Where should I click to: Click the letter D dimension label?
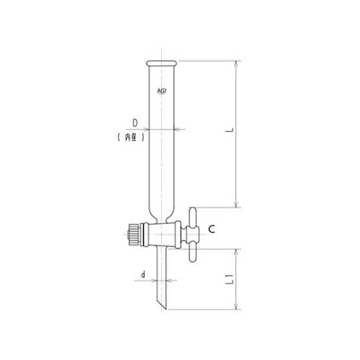[135, 123]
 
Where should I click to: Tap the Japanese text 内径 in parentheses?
[131, 138]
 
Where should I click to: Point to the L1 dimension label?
[230, 279]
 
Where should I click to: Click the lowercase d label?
[143, 274]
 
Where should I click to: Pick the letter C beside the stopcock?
[212, 230]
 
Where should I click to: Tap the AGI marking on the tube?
[162, 91]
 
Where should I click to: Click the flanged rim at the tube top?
[162, 63]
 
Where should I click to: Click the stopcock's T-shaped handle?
[192, 235]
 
